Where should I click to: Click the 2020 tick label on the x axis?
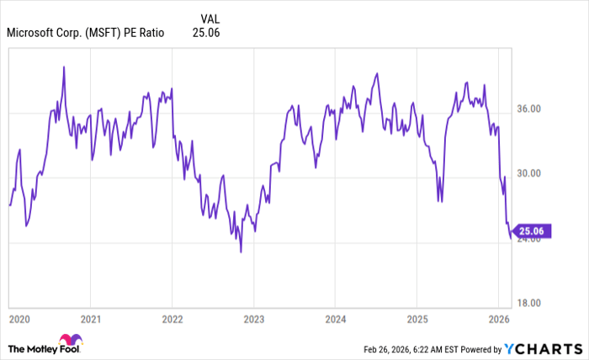(19, 320)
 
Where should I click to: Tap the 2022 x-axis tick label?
(172, 320)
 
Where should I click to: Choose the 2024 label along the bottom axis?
(335, 320)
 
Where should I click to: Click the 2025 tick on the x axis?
(417, 320)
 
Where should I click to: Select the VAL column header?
(211, 18)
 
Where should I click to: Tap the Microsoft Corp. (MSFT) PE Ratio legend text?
(85, 33)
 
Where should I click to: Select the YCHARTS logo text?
(544, 347)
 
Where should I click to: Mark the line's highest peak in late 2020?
(64, 66)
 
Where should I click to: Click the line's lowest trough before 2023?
(241, 251)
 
